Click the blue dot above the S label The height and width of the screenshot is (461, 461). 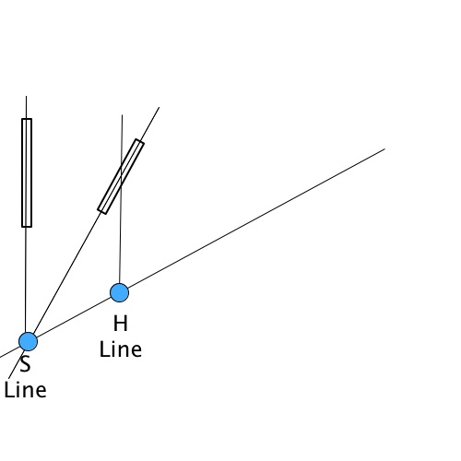coord(28,341)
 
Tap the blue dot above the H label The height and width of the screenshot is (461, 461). coord(119,292)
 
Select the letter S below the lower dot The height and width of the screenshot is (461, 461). coord(26,364)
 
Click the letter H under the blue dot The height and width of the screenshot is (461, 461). coord(121,324)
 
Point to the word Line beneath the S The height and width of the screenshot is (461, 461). coord(25,390)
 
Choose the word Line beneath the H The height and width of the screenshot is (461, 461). coord(121,349)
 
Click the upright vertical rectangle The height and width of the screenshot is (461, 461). coord(27,172)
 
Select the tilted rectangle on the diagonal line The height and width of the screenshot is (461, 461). coord(121,176)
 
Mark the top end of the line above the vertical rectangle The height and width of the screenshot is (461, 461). coord(26,96)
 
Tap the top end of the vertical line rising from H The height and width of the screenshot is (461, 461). coord(122,115)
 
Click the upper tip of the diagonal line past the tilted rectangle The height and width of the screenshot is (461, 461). coord(159,107)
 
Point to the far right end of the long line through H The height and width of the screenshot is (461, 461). coord(384,149)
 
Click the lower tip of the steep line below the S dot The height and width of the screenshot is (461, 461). coord(8,379)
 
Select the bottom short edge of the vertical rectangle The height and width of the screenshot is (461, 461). coord(27,227)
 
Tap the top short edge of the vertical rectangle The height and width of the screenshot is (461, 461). coord(27,119)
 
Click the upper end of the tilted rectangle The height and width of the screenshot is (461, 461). coord(140,141)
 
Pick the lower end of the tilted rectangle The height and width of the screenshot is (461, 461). coord(102,212)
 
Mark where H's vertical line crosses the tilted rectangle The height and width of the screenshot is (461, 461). coord(122,175)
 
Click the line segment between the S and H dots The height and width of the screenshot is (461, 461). coord(74,317)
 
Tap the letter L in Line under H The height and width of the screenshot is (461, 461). coord(103,349)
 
